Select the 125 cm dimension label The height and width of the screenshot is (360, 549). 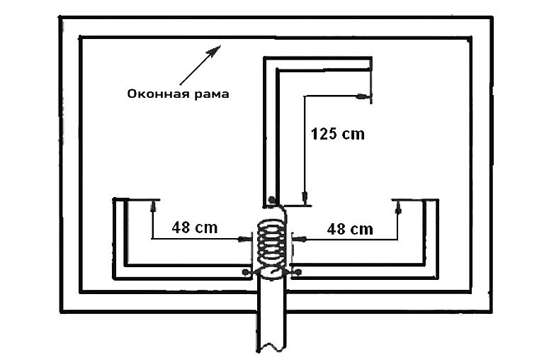coord(338,133)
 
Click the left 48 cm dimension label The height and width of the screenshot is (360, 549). coord(194,228)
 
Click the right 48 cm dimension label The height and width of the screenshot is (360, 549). coord(350,228)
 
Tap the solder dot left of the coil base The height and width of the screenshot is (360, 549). coord(246,272)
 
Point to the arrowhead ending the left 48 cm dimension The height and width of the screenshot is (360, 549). coord(152,206)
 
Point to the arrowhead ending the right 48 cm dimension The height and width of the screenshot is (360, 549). coord(398,206)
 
